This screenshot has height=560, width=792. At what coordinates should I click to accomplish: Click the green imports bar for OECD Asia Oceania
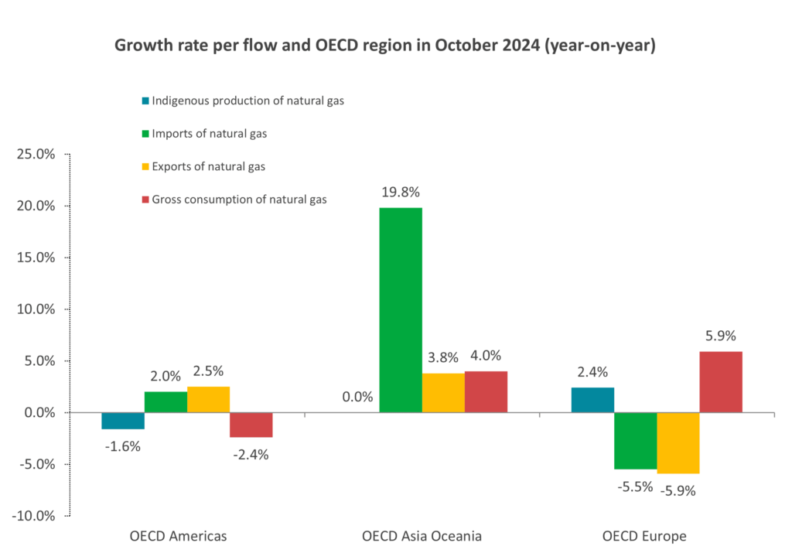401,309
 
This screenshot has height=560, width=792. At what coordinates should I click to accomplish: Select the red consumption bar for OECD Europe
721,382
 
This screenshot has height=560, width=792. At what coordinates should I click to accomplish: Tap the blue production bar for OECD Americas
123,421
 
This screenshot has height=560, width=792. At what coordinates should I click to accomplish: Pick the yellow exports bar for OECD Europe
678,442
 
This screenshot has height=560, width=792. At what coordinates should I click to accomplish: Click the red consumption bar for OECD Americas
251,425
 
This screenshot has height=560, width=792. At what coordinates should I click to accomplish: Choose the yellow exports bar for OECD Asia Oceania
443,393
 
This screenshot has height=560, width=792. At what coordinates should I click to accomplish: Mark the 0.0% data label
357,398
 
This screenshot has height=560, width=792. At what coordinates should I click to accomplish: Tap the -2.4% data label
251,455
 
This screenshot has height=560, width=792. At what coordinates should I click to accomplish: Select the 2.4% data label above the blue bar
592,372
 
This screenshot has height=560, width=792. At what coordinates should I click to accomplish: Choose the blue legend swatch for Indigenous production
145,101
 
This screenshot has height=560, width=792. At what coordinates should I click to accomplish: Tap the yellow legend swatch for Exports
145,166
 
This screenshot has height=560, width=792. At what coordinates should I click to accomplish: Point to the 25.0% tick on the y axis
36,154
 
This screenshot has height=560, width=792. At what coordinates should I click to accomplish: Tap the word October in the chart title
459,46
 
